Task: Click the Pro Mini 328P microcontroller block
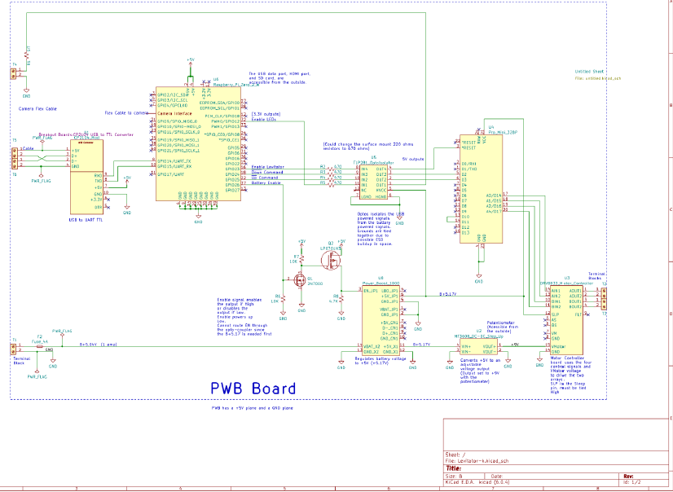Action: point(482,187)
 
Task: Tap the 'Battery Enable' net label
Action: point(266,182)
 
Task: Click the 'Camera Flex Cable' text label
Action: point(37,108)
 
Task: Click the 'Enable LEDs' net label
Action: point(264,119)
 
